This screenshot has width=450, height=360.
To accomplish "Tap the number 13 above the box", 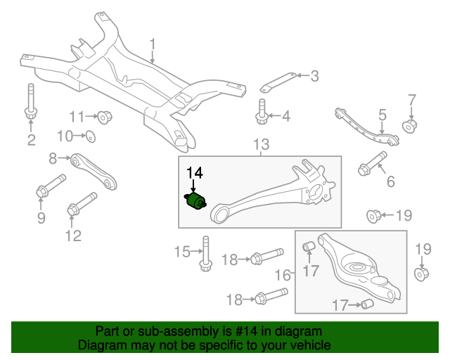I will click(x=261, y=146).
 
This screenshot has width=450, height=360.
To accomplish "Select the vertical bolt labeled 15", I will click(x=205, y=252).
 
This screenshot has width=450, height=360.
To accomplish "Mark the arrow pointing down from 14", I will click(x=193, y=186).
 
